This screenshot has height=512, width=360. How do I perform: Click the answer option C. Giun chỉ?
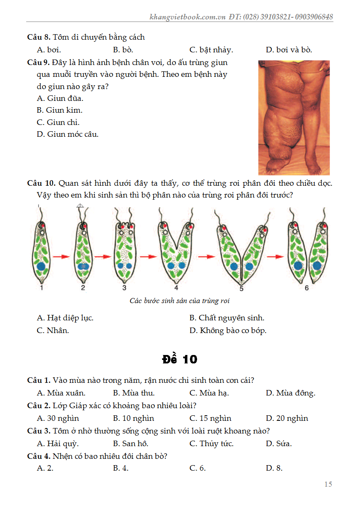[58, 122]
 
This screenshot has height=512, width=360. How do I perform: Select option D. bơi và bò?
[289, 50]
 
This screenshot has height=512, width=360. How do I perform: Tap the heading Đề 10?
[179, 359]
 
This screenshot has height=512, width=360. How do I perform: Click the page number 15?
[328, 484]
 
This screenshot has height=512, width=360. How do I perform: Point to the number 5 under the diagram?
[241, 289]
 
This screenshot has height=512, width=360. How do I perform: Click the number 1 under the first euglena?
[41, 288]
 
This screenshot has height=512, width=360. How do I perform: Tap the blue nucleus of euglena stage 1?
[41, 266]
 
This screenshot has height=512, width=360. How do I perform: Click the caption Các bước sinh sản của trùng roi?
[179, 301]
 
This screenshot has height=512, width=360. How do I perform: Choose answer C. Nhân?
[53, 330]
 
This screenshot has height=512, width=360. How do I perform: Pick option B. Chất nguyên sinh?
[227, 318]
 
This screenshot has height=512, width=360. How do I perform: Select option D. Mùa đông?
[290, 393]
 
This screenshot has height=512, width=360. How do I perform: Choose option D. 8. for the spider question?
[274, 468]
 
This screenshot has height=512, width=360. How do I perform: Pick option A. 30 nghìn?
[58, 418]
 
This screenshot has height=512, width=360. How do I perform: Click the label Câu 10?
[41, 183]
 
